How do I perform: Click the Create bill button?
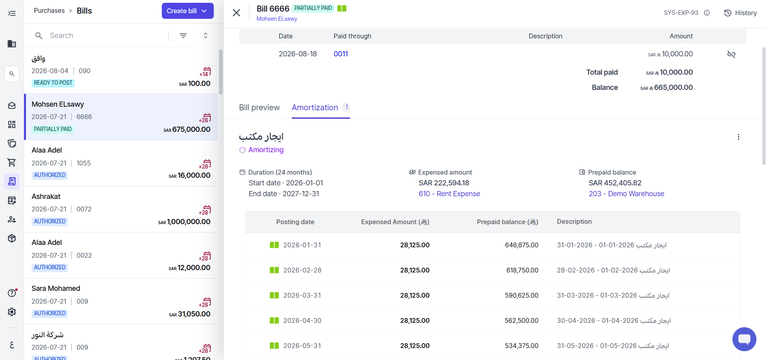click(187, 11)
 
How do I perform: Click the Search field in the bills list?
click(104, 36)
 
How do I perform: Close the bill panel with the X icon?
click(237, 13)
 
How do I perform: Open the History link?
click(740, 13)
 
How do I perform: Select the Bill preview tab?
click(259, 107)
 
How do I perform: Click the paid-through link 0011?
click(341, 54)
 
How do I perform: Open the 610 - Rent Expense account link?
click(449, 194)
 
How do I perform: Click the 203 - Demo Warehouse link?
click(626, 194)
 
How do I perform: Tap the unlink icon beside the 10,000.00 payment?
click(731, 54)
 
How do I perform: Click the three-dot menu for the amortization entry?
click(738, 137)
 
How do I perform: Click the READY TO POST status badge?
click(53, 83)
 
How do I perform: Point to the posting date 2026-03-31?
click(302, 295)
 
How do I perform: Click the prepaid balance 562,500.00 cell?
click(521, 320)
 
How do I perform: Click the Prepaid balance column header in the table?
click(507, 222)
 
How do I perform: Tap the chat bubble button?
click(744, 339)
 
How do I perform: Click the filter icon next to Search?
click(183, 36)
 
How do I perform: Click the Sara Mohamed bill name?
click(56, 288)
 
